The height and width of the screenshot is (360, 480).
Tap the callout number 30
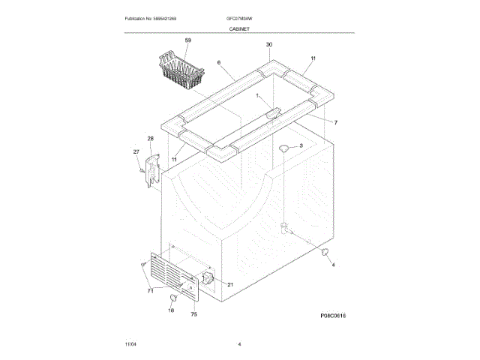[x=268, y=45]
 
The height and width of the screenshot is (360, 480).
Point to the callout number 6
[x=219, y=63]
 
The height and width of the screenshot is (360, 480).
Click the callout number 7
[x=335, y=122]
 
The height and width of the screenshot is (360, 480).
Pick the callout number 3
[x=301, y=145]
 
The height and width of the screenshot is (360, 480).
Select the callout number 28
[x=150, y=139]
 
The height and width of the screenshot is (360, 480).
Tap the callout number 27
[x=136, y=152]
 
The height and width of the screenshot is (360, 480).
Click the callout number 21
[x=230, y=284]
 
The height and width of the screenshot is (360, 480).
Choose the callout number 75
[x=193, y=314]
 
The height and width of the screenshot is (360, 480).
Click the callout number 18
[x=170, y=310]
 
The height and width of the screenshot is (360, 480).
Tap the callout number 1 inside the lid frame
[x=257, y=96]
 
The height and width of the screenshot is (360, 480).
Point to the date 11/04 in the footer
[x=130, y=343]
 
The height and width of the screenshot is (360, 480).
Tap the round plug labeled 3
[x=285, y=149]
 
